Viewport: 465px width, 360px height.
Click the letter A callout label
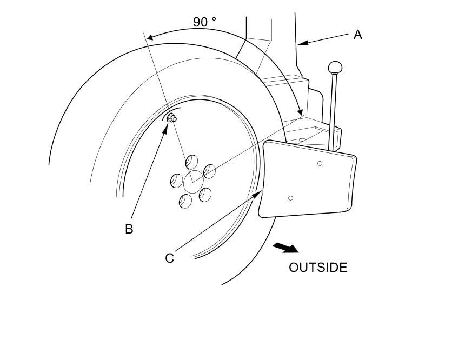(357, 35)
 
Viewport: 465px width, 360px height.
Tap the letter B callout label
(129, 229)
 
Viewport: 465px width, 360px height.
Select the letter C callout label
(169, 258)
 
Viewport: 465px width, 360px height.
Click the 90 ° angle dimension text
(204, 22)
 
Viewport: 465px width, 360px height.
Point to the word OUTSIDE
(318, 268)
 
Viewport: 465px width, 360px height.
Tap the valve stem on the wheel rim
(171, 118)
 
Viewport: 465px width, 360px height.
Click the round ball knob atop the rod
(335, 68)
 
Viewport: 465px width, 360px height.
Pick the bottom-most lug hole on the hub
(185, 201)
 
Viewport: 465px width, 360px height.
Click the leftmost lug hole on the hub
(177, 181)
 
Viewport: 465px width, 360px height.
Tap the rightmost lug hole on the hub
(209, 171)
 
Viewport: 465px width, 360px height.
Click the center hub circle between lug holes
(192, 182)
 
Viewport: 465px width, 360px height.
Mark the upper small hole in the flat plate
(320, 163)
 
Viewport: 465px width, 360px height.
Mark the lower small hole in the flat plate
(291, 198)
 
